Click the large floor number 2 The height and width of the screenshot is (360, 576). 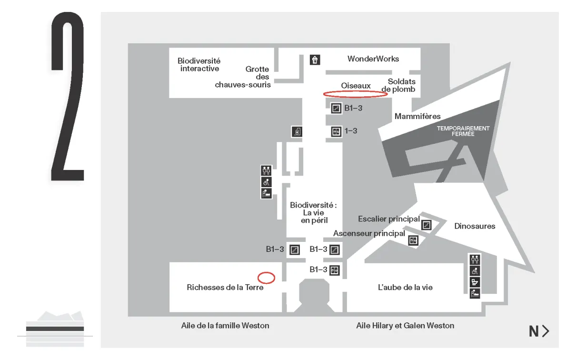click(x=68, y=98)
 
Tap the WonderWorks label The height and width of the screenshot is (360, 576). click(x=373, y=59)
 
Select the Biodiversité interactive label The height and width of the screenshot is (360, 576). click(x=199, y=65)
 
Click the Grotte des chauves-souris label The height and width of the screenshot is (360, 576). click(x=243, y=77)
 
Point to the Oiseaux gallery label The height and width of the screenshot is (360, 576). click(x=356, y=86)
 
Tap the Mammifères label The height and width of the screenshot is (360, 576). click(x=417, y=116)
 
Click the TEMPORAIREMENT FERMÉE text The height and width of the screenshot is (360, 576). click(x=463, y=131)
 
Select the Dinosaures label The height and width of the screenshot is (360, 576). click(x=475, y=226)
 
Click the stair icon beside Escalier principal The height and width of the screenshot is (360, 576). click(x=427, y=224)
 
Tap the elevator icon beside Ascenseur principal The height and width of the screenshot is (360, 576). click(x=413, y=240)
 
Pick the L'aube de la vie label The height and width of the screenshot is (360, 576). click(x=405, y=287)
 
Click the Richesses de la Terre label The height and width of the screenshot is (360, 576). click(x=225, y=287)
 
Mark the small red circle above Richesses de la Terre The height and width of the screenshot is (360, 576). click(x=266, y=277)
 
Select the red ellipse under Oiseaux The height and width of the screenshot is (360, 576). click(x=356, y=94)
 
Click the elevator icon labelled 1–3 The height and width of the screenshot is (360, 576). click(x=337, y=131)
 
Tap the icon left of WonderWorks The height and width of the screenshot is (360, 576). click(x=315, y=60)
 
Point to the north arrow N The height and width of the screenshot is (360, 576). click(x=539, y=331)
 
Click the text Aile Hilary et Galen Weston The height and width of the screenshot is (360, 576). click(x=405, y=326)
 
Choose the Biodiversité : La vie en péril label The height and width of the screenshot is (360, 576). click(x=313, y=213)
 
